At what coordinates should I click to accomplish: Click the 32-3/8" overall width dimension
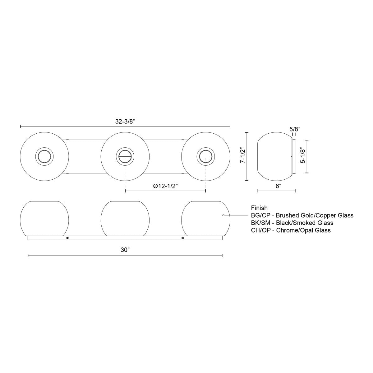(125, 122)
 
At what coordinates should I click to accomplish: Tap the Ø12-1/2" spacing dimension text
(165, 186)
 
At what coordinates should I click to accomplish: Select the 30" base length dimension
(125, 251)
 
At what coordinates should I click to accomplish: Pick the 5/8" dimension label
(294, 128)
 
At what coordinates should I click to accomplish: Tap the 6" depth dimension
(278, 186)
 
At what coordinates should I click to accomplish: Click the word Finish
(259, 208)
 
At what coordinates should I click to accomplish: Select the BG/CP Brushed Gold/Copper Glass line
(302, 215)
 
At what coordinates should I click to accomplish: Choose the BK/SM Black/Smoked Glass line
(292, 223)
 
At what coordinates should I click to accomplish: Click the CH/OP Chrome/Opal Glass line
(291, 230)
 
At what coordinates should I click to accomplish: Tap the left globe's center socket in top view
(44, 156)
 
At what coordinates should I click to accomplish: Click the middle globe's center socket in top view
(125, 156)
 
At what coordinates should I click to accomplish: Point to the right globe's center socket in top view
(205, 156)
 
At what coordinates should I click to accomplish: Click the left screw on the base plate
(67, 238)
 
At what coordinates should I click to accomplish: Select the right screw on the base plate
(182, 238)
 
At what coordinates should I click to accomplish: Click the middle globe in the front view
(125, 218)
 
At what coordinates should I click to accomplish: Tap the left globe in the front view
(44, 218)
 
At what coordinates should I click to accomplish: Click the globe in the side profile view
(274, 156)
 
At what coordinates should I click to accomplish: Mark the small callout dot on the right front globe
(223, 215)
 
